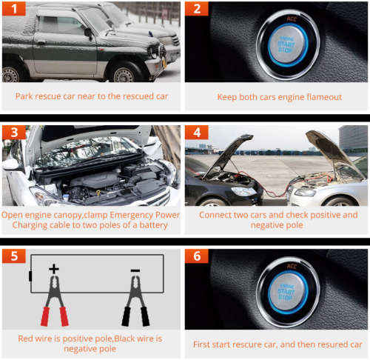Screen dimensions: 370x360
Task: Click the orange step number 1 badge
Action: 14,9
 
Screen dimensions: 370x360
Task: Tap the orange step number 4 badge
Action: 197,133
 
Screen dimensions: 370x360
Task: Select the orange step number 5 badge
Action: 14,256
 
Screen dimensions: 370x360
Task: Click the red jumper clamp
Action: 55,301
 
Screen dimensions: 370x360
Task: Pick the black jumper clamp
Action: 135,301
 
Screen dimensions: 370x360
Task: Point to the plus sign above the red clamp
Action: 54,269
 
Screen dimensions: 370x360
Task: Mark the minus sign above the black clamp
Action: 135,270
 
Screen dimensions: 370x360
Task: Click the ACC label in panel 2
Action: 292,19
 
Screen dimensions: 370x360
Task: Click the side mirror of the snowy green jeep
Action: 89,33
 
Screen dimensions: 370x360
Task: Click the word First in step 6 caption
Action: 201,344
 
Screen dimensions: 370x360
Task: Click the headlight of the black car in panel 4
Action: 243,191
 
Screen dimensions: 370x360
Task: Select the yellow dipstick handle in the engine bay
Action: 98,193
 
